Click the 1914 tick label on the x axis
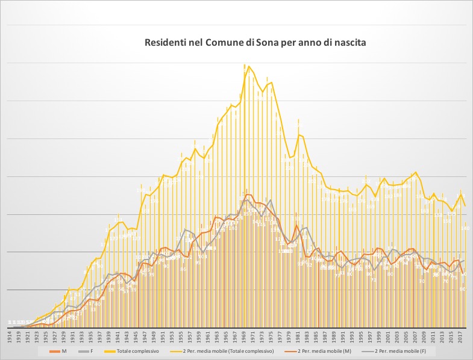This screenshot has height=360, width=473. tap(10, 336)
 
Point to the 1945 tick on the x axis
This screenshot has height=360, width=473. tap(136, 336)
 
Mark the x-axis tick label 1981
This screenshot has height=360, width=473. tap(298, 336)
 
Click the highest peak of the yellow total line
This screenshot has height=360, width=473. tap(249, 66)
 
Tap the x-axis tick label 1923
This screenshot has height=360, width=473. tap(37, 336)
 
